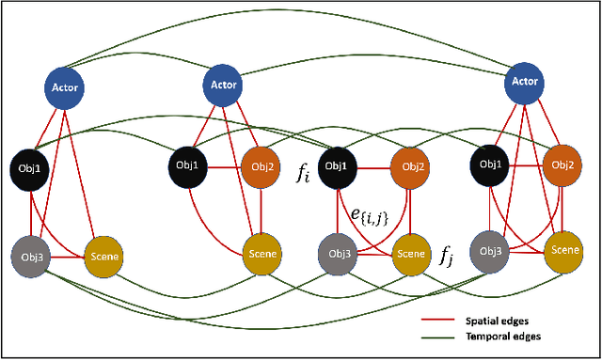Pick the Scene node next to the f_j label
point(408,253)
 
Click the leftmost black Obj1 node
point(30,166)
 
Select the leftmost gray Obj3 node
point(29,255)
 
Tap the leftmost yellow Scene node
point(103,255)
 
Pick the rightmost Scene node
point(564,249)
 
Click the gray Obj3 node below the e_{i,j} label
point(337,253)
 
